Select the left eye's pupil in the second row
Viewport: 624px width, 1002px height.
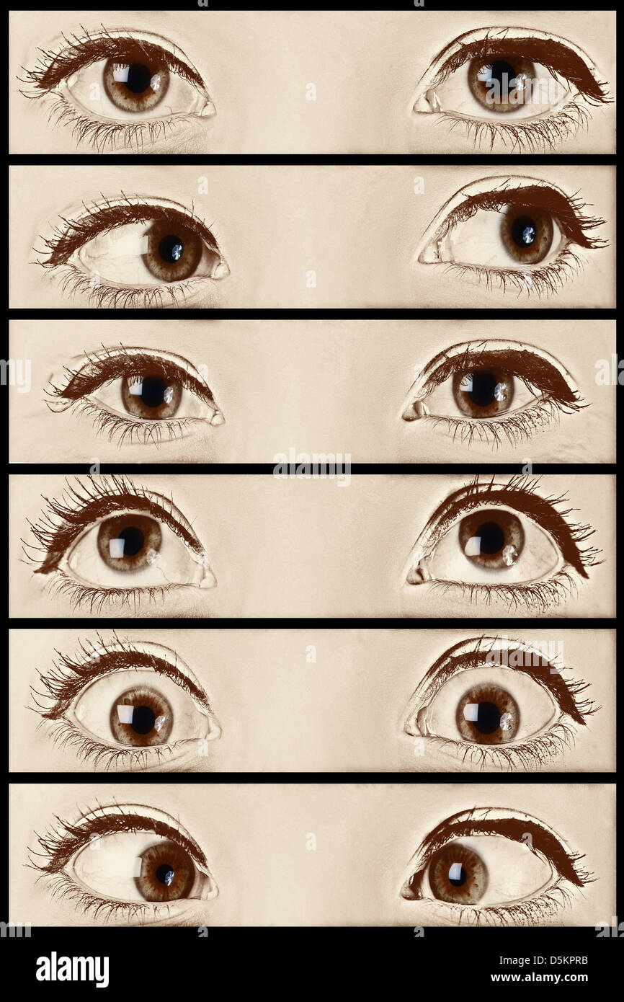click(171, 249)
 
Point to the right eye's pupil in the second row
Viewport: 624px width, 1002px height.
click(525, 232)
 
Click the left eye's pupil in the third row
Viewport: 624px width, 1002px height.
click(152, 391)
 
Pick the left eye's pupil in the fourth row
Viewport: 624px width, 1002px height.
click(131, 541)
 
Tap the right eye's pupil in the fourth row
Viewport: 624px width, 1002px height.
click(491, 538)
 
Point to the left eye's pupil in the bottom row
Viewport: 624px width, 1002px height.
click(165, 874)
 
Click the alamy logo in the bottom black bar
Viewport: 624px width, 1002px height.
click(72, 970)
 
